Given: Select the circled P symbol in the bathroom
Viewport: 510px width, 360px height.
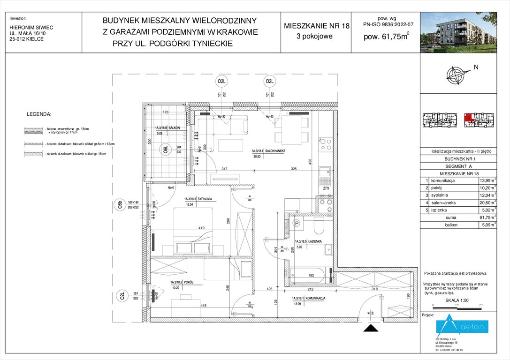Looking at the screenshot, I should [x=296, y=224].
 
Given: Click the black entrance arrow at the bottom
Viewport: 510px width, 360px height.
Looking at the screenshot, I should [x=371, y=329].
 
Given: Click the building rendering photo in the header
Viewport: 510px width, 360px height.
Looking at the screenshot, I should [x=458, y=30].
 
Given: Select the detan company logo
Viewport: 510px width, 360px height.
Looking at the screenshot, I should [x=462, y=327].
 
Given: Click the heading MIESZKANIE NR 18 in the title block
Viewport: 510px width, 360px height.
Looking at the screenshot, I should [x=317, y=26].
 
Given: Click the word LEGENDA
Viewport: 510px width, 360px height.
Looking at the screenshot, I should [x=39, y=114].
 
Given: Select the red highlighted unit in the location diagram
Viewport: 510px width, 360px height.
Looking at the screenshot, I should [x=469, y=118].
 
